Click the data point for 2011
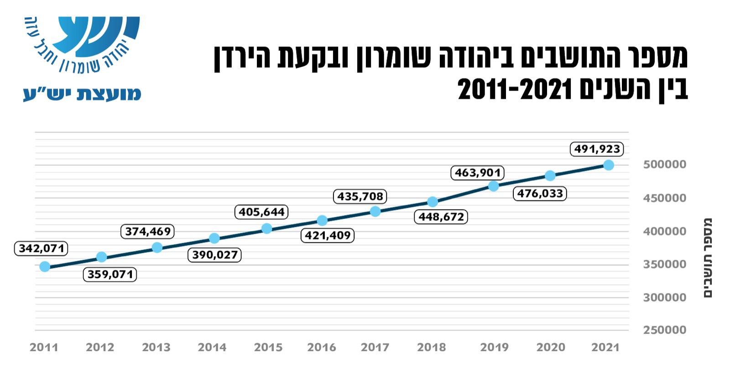coord(45,267)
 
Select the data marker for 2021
coord(608,165)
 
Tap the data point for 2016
coord(322,220)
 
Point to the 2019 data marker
coord(493,186)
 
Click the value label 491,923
coord(597,149)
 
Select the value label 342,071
coord(41,249)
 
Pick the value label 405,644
coord(262,212)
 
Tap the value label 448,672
coord(441,216)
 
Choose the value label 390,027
coord(215,255)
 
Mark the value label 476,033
coord(540,194)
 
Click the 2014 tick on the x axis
coord(212,347)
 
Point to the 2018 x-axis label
coord(432,347)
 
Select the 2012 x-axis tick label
coord(100,347)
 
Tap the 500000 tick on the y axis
coord(664,164)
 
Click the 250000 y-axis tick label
coord(664,330)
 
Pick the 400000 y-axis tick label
coord(664,231)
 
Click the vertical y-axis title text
coord(707,258)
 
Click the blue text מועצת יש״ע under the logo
coord(83,94)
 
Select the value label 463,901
coord(478,173)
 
